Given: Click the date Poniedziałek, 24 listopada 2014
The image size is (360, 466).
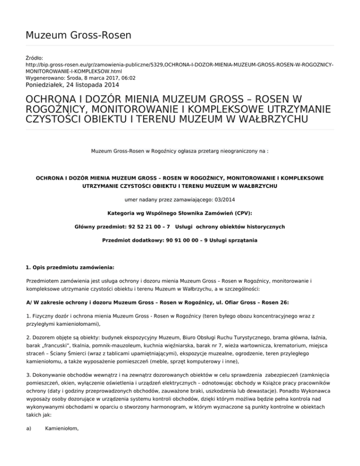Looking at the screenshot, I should coord(66,85).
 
